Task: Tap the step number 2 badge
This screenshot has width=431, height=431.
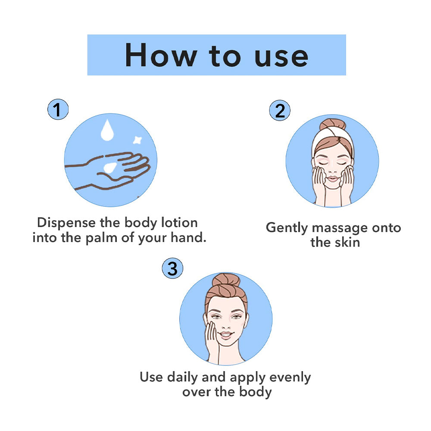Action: (280, 111)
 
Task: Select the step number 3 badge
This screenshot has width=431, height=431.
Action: (172, 269)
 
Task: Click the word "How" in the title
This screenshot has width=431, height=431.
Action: (161, 55)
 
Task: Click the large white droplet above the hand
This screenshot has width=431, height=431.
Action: (107, 130)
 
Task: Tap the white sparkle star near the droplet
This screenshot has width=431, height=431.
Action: (137, 140)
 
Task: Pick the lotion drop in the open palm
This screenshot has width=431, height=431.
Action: (111, 166)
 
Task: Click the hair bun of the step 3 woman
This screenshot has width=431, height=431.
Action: (226, 281)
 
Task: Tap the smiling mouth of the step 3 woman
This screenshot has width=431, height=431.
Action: (227, 335)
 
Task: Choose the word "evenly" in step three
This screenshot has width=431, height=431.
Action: (290, 378)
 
